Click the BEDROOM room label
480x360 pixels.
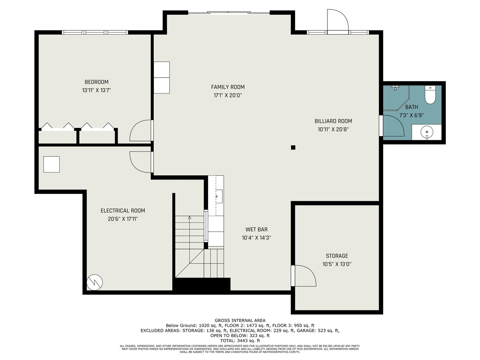click(x=96, y=82)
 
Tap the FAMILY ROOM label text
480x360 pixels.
click(x=228, y=87)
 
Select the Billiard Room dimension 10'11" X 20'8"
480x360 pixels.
click(x=333, y=129)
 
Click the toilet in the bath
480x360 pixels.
click(x=430, y=94)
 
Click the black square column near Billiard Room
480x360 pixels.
click(x=293, y=147)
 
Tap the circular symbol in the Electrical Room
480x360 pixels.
click(x=94, y=282)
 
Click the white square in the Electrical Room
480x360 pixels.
click(x=51, y=164)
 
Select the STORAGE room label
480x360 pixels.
click(x=337, y=256)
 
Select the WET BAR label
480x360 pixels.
click(x=256, y=229)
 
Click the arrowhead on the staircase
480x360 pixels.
click(x=189, y=217)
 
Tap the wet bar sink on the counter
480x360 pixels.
click(x=219, y=196)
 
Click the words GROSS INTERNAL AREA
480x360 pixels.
click(x=240, y=320)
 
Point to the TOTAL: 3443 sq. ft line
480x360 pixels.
click(x=240, y=340)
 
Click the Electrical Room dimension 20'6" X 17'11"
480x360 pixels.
click(x=123, y=219)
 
